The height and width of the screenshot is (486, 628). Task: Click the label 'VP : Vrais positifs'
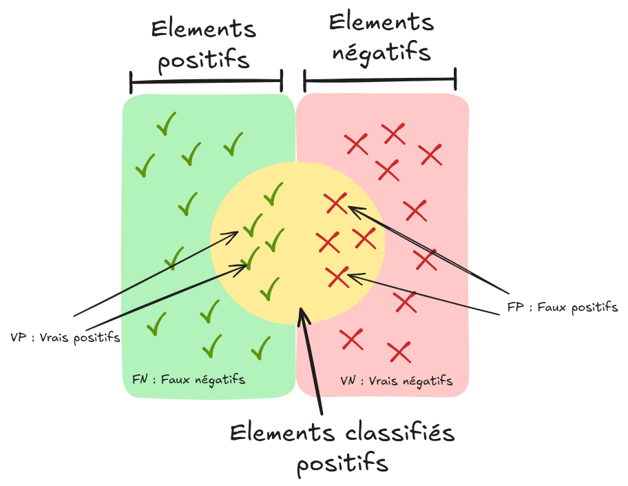[x=65, y=338]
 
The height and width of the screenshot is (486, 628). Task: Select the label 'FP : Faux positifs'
[x=562, y=307]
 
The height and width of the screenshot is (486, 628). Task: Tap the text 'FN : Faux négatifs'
[x=188, y=379]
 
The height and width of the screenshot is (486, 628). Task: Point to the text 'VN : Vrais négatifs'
[x=397, y=381]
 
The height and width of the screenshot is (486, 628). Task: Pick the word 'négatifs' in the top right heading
[x=381, y=53]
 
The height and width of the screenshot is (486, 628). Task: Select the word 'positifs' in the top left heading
[x=204, y=60]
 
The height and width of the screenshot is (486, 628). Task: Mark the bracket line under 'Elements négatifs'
[x=380, y=80]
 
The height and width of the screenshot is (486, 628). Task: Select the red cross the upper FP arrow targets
[x=336, y=203]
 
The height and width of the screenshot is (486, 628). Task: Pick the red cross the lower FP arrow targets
[x=337, y=276]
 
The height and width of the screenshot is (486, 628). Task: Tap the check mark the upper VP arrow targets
[x=253, y=224]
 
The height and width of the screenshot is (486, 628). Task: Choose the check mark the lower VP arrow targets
[x=253, y=257]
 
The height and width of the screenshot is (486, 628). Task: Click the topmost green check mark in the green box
[x=166, y=124]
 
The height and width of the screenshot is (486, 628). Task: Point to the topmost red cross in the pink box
[x=393, y=133]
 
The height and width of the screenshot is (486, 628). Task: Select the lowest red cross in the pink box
[x=399, y=352]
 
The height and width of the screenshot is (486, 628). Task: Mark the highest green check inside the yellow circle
[x=273, y=194]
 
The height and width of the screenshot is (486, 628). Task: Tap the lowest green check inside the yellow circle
[x=270, y=288]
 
